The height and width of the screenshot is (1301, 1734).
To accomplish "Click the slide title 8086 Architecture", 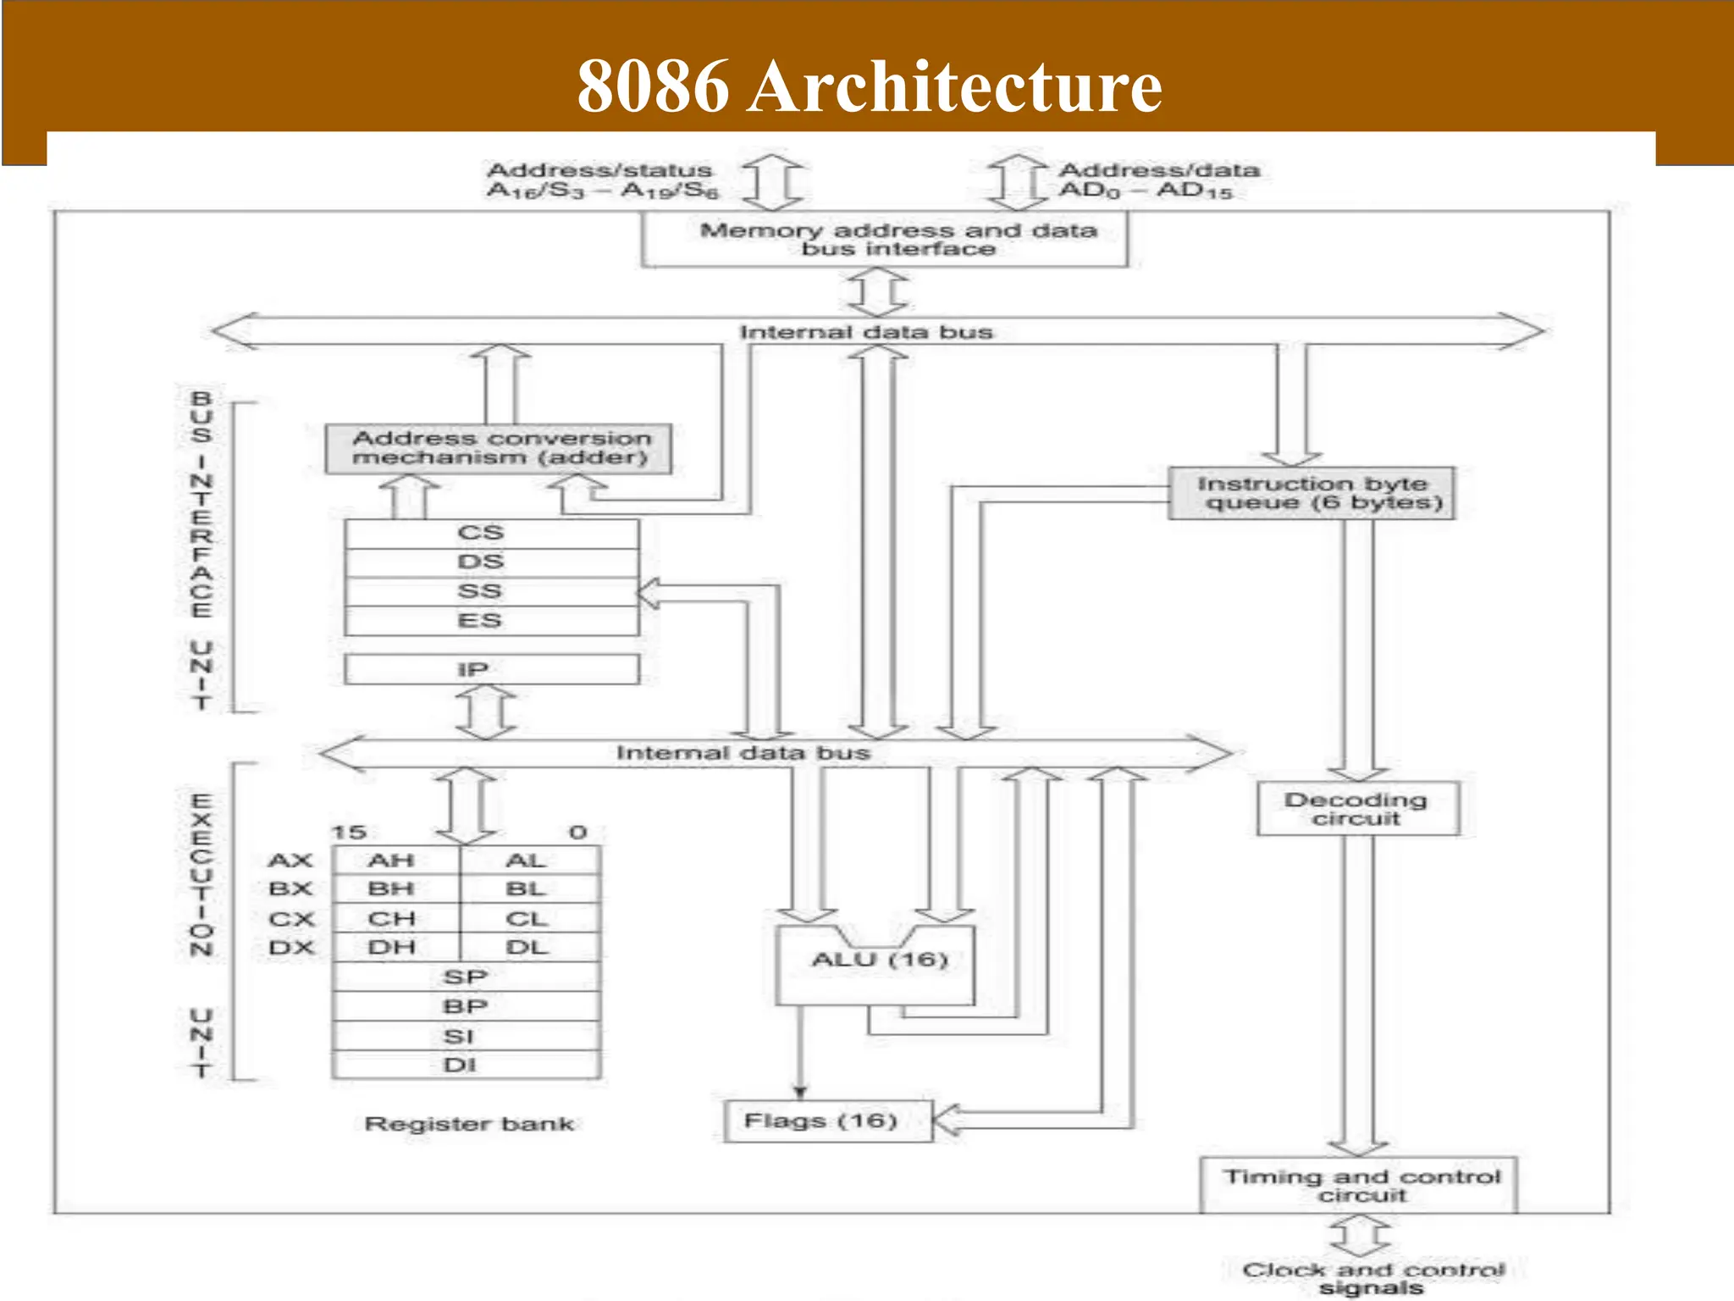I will click(x=869, y=86).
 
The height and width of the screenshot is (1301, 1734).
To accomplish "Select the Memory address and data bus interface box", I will click(x=885, y=240).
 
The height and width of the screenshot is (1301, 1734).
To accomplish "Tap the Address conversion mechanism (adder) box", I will click(x=500, y=448).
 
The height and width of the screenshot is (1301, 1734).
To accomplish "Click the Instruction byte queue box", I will click(x=1312, y=493).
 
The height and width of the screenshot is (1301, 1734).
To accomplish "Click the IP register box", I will click(x=491, y=669).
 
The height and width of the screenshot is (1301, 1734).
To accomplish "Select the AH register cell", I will click(x=392, y=861).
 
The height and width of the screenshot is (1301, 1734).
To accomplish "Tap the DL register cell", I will click(x=527, y=947).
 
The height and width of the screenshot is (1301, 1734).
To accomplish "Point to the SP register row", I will click(x=466, y=977).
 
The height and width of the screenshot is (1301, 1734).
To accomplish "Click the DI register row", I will click(x=466, y=1065).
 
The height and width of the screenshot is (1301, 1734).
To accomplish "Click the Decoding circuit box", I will click(x=1357, y=809).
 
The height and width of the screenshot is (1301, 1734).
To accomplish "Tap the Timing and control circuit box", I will click(x=1359, y=1185).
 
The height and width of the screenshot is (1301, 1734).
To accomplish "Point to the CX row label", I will click(x=291, y=919).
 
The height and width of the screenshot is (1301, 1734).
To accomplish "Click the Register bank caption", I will click(x=469, y=1124).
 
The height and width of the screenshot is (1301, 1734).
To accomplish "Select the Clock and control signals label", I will click(x=1372, y=1278).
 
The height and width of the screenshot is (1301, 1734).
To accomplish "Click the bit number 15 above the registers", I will click(x=348, y=833).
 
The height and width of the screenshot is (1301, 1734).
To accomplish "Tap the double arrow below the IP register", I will click(x=486, y=711).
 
